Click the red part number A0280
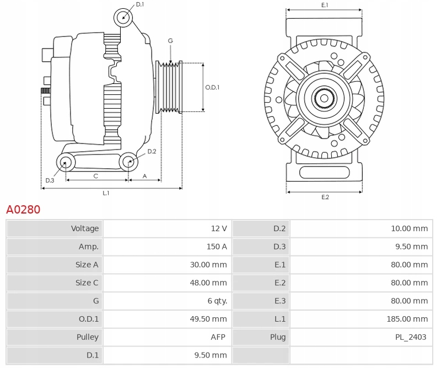pos(23,210)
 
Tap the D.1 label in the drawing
pos(139,4)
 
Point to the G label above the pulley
pos(170,41)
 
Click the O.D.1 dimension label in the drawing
pos(213,87)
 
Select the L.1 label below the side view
pos(106,193)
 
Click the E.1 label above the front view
pos(325,5)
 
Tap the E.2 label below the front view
pos(325,197)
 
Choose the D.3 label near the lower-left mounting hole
pos(50,180)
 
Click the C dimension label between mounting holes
pos(95,176)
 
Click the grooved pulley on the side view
pos(171,87)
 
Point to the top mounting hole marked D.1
pos(124,18)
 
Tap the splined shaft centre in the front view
pos(324,99)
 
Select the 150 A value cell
pos(216,247)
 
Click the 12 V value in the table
pos(219,228)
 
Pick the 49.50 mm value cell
pos(211,319)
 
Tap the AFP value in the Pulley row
pos(219,337)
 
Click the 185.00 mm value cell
pos(408,319)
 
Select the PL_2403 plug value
pos(411,337)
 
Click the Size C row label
pos(87,282)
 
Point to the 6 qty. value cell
pos(216,301)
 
